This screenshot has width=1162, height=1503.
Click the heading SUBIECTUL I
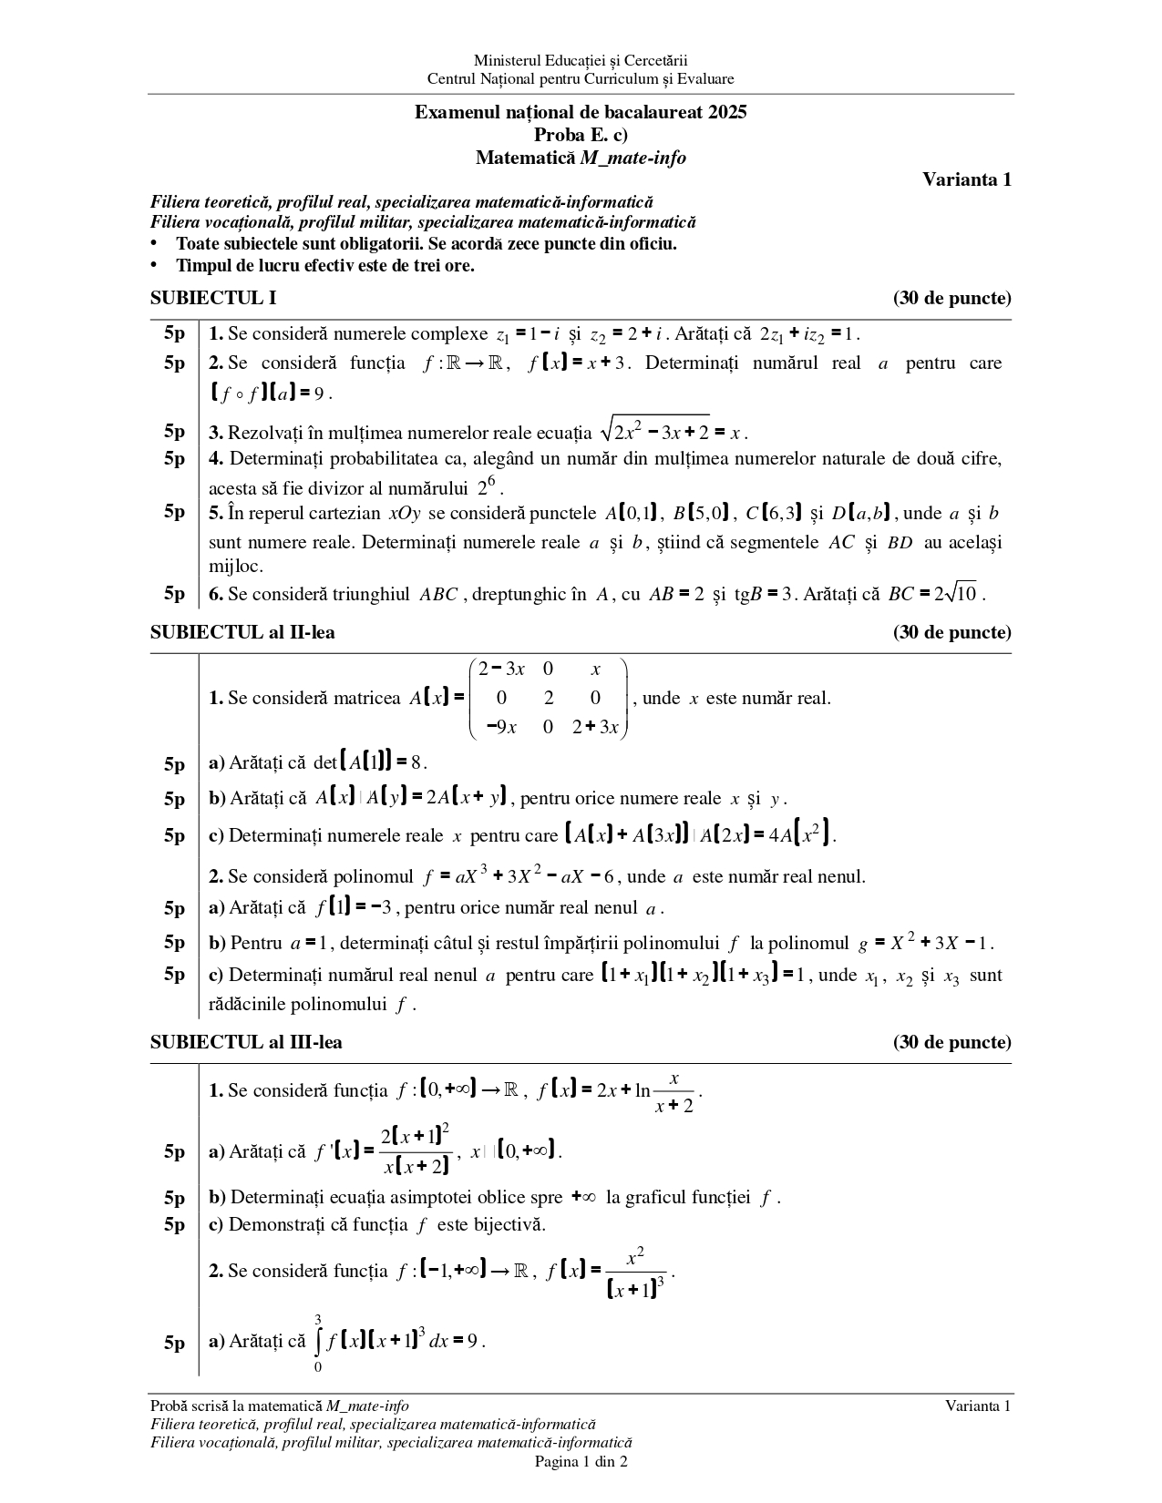click(213, 298)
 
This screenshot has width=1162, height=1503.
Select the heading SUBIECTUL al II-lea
click(242, 632)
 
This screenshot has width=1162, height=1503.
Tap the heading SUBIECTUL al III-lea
click(246, 1042)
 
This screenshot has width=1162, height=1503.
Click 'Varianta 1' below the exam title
click(967, 179)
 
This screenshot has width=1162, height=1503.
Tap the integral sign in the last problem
click(318, 1342)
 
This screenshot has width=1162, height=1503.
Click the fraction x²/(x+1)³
click(635, 1272)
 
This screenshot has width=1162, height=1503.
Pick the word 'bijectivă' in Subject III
click(504, 1224)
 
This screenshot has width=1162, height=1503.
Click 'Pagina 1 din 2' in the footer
click(581, 1463)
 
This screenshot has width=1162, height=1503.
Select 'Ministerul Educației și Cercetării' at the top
click(581, 60)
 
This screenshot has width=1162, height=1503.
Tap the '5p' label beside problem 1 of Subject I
click(174, 333)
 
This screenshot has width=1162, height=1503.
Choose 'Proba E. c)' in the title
click(581, 135)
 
